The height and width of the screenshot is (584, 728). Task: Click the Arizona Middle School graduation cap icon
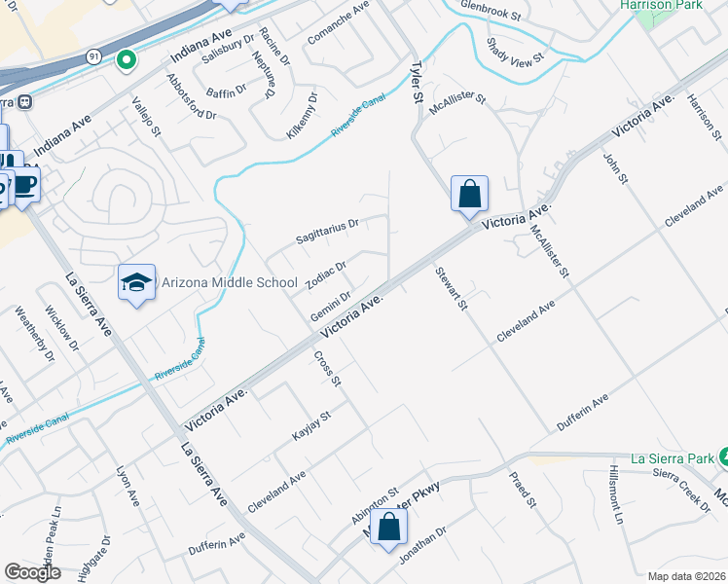137,282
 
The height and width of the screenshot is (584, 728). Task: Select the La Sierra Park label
665,456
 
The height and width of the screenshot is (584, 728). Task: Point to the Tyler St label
417,82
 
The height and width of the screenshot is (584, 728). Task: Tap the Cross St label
328,368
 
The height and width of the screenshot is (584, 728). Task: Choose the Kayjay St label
312,427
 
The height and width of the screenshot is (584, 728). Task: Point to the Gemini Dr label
330,308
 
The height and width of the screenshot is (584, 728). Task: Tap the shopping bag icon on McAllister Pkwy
388,527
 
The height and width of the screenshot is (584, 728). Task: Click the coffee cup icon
25,185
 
